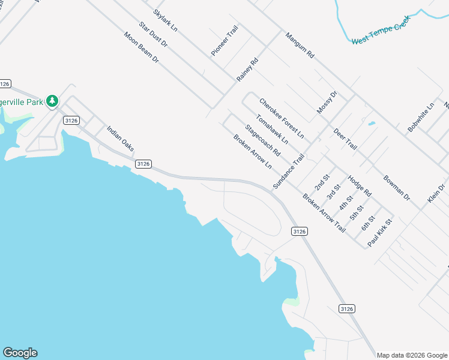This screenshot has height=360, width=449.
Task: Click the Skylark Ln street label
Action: (165, 20)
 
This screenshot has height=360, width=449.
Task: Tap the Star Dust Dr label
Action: (153, 34)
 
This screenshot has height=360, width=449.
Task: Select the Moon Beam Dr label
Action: (141, 48)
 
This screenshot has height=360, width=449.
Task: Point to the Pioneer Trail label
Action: (224, 41)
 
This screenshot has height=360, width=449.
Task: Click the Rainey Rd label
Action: (247, 70)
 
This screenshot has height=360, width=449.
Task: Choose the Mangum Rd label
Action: (300, 45)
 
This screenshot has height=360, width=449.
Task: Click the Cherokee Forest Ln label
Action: (282, 118)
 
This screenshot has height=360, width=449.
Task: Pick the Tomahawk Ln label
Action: (272, 129)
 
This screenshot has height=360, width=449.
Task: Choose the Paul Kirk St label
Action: (379, 232)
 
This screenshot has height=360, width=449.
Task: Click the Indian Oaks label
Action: (120, 138)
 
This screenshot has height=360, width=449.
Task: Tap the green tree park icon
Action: (52, 101)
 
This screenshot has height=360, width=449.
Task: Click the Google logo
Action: (20, 353)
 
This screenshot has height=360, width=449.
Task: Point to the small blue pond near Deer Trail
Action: (372, 124)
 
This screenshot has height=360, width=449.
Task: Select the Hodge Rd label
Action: (360, 186)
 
